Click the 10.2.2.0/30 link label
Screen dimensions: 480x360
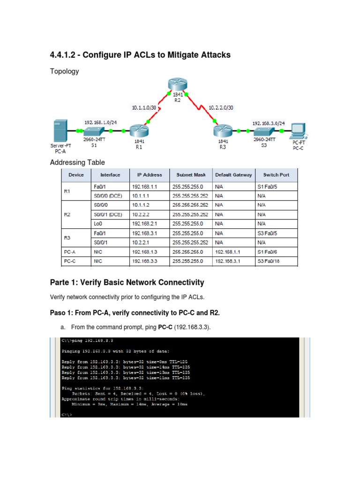pos(221,107)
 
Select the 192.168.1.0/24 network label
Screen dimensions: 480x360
pos(100,122)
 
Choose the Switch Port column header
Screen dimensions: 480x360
pos(276,175)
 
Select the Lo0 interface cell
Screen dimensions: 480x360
pos(97,224)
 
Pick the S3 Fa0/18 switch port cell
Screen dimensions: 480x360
pos(268,262)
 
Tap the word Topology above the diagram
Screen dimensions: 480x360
pos(64,71)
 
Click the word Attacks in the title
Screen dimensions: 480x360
pos(213,55)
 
